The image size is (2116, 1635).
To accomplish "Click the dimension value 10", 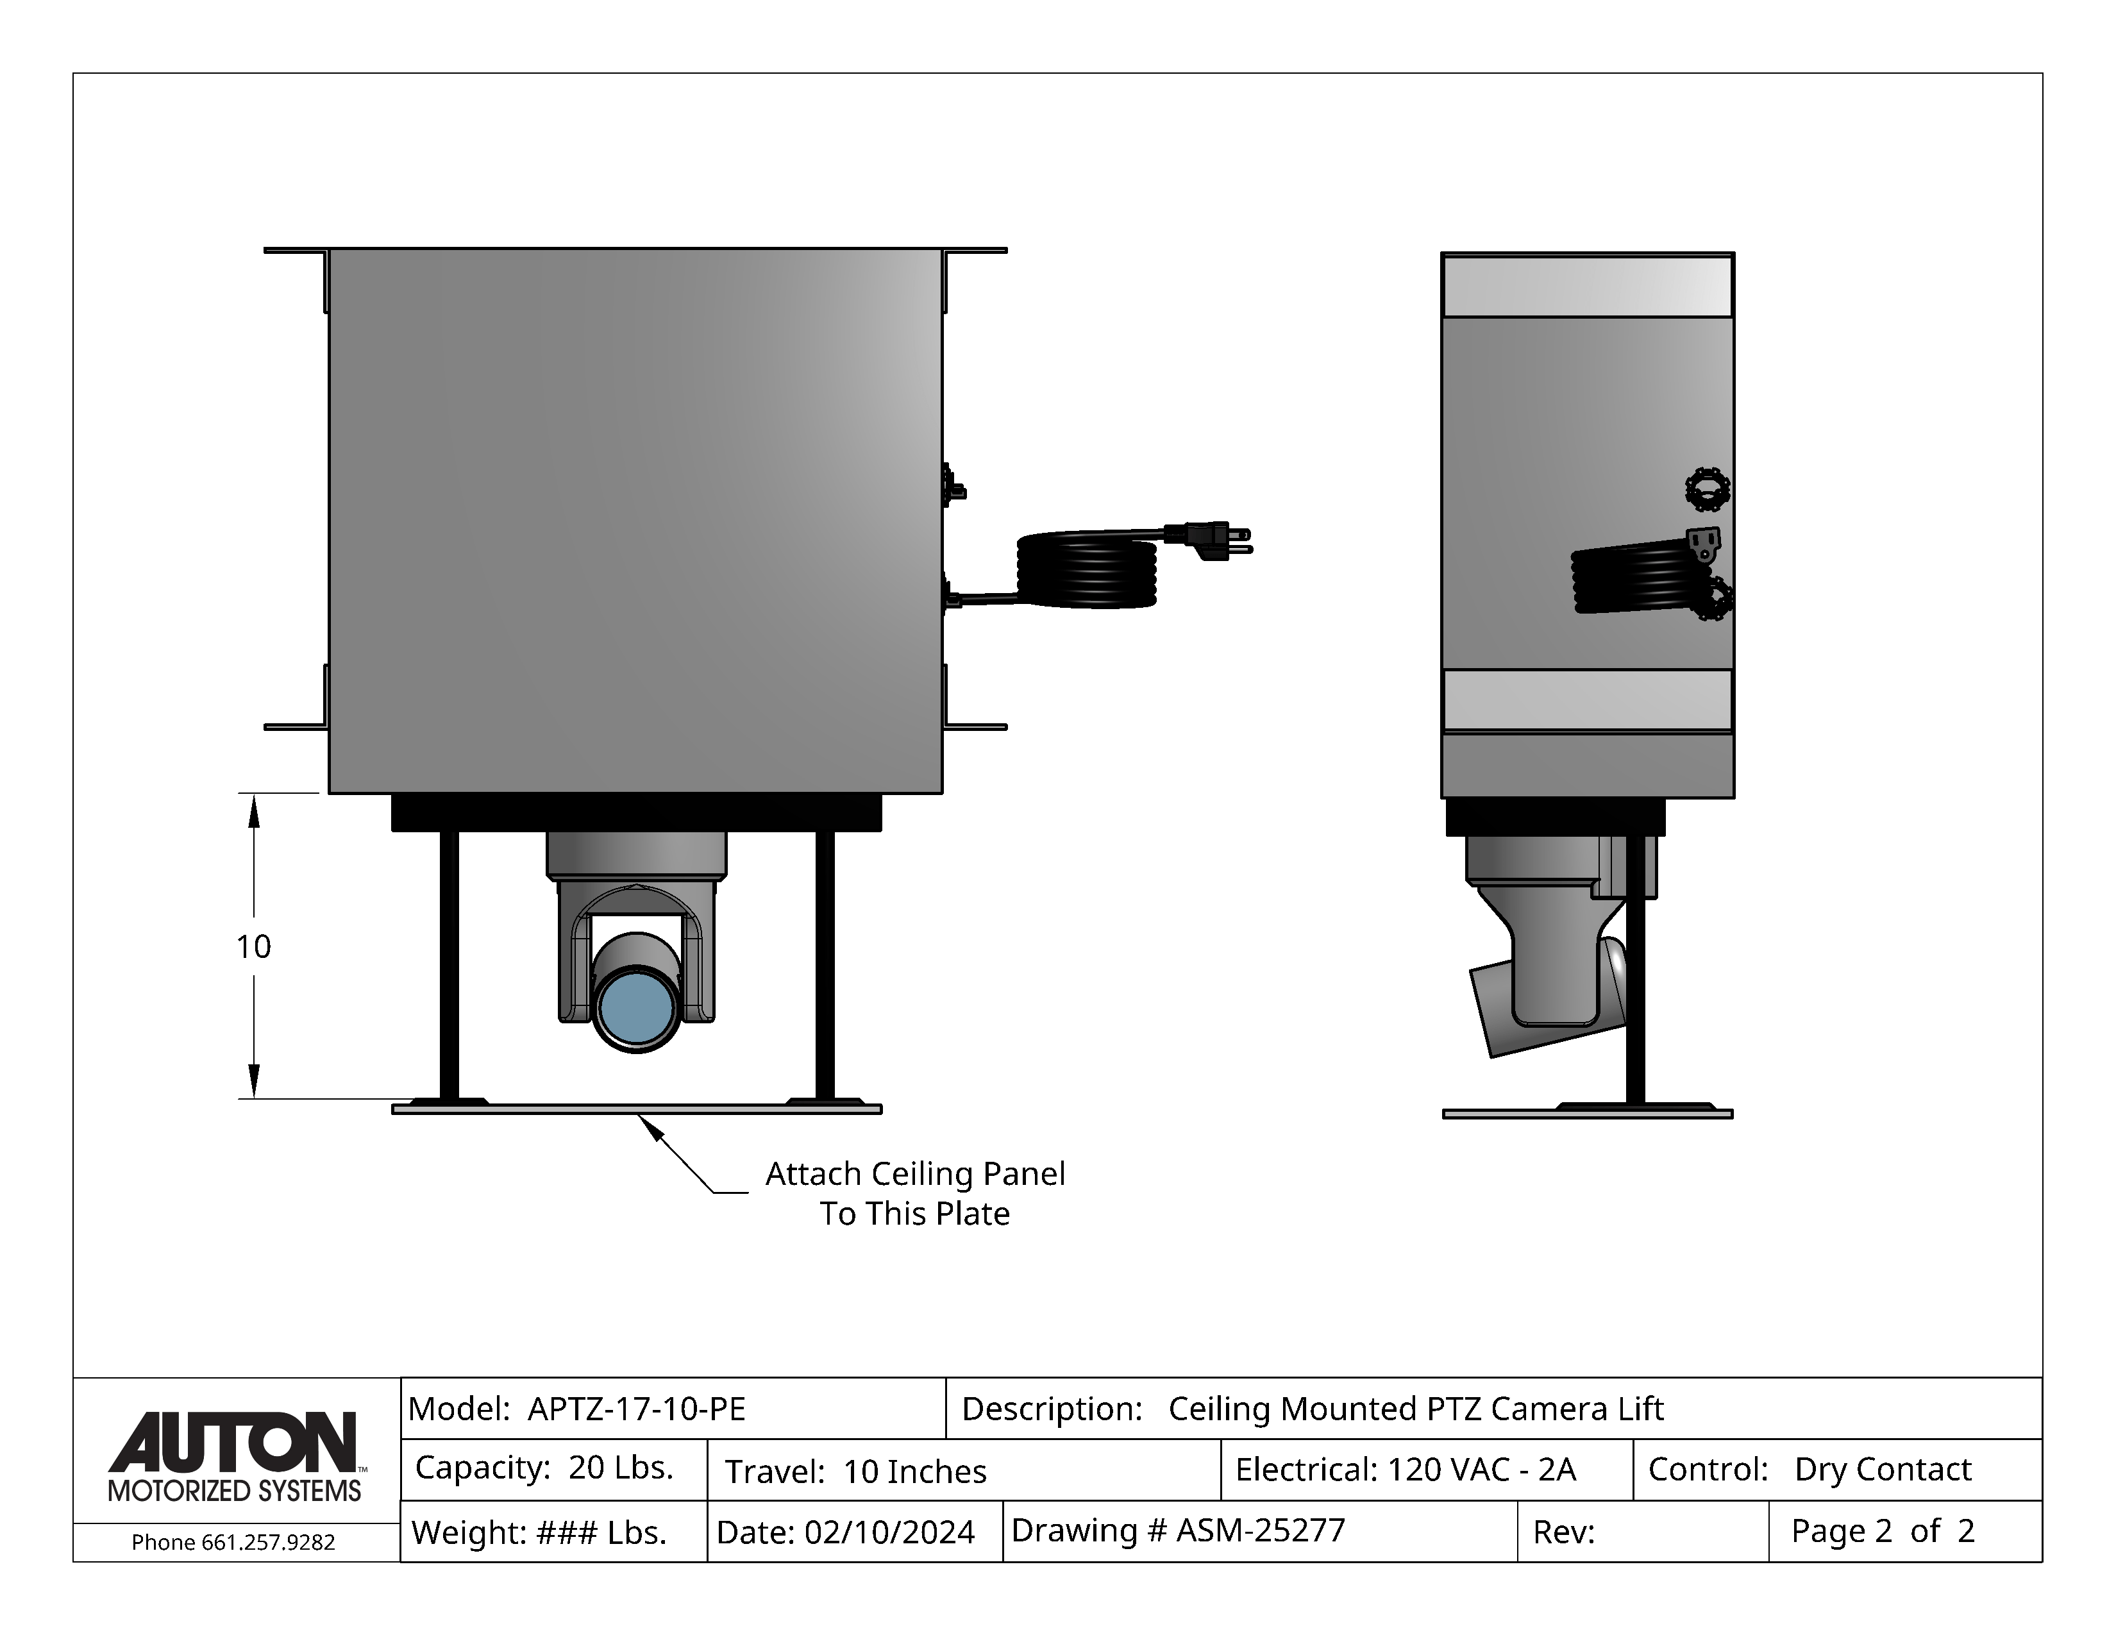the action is tap(254, 946).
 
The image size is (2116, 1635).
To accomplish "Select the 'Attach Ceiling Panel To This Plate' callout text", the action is tap(914, 1193).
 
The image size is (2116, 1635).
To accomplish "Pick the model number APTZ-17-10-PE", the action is tap(637, 1409).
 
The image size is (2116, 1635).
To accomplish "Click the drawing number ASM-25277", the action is tap(1261, 1530).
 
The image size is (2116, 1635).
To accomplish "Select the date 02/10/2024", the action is tap(889, 1532).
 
